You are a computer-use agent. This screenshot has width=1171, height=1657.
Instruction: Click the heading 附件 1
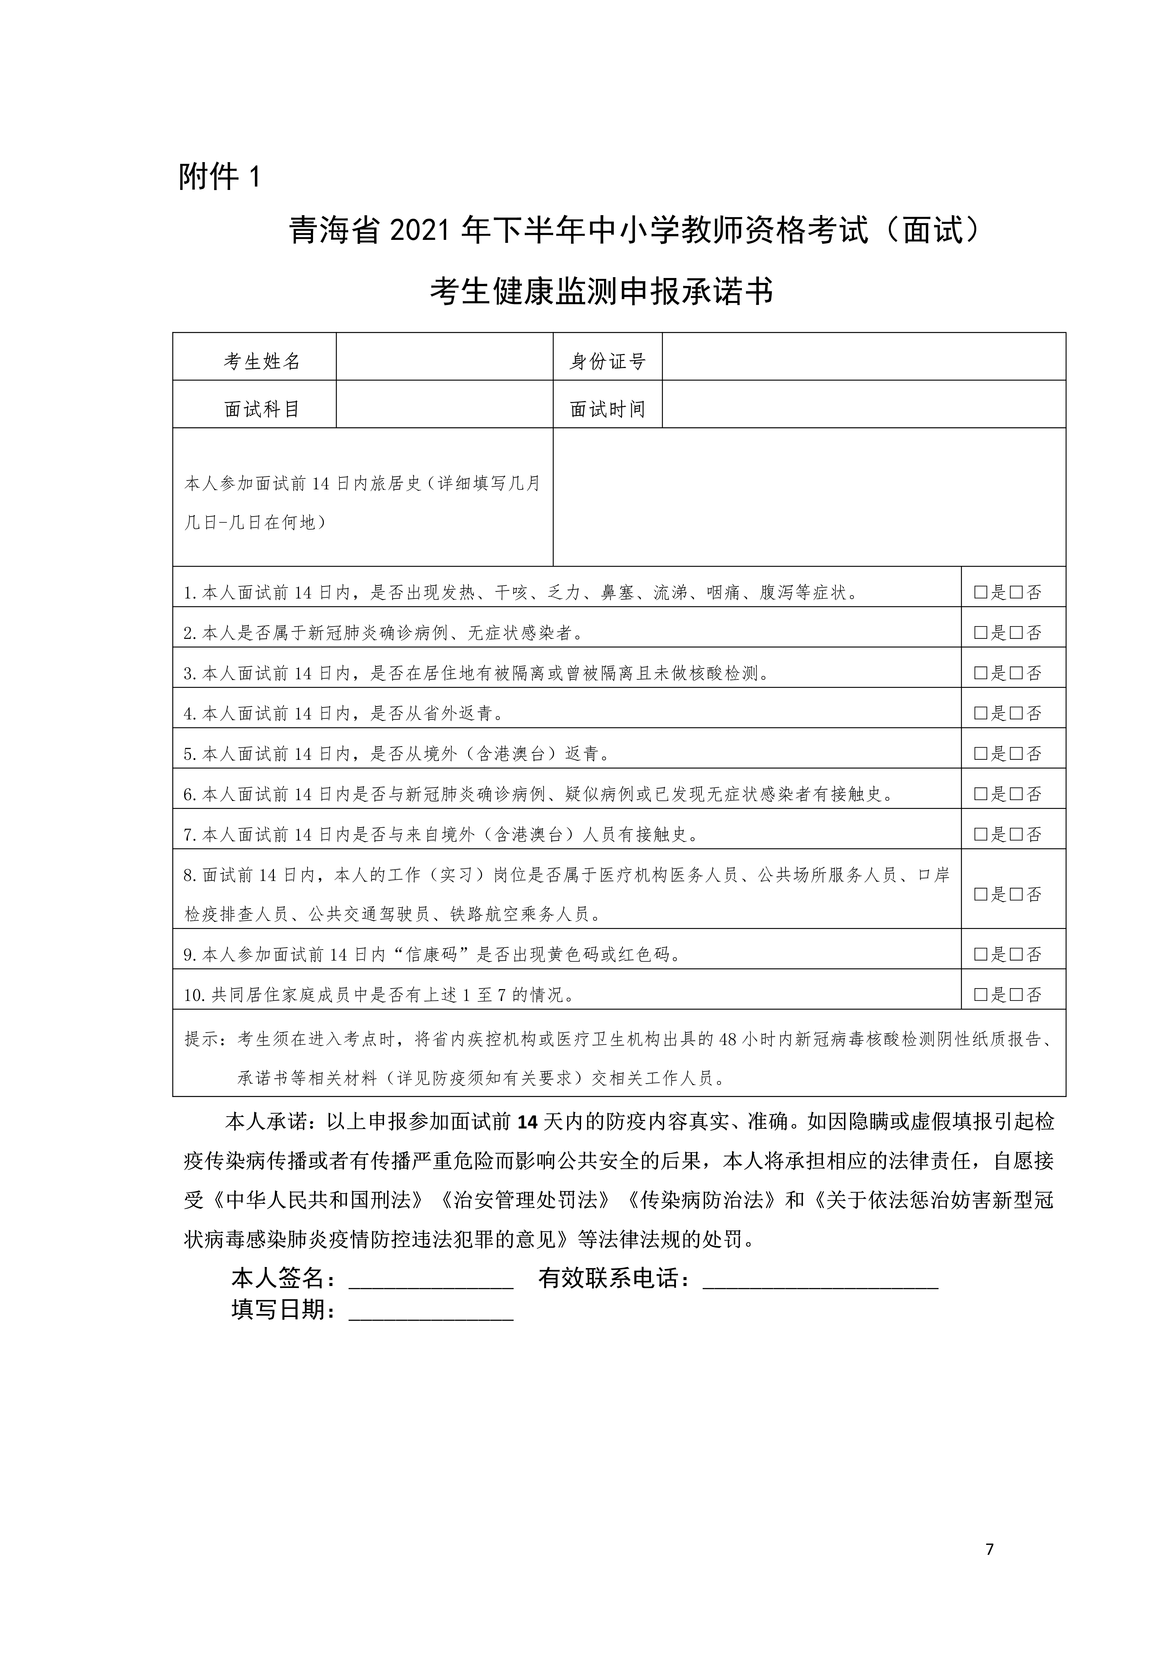click(x=218, y=177)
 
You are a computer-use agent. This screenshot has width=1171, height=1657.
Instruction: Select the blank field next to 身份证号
click(x=863, y=356)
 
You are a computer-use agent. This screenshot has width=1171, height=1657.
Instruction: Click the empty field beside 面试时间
click(x=863, y=404)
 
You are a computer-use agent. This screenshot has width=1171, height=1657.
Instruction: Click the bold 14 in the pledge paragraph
click(x=528, y=1121)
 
